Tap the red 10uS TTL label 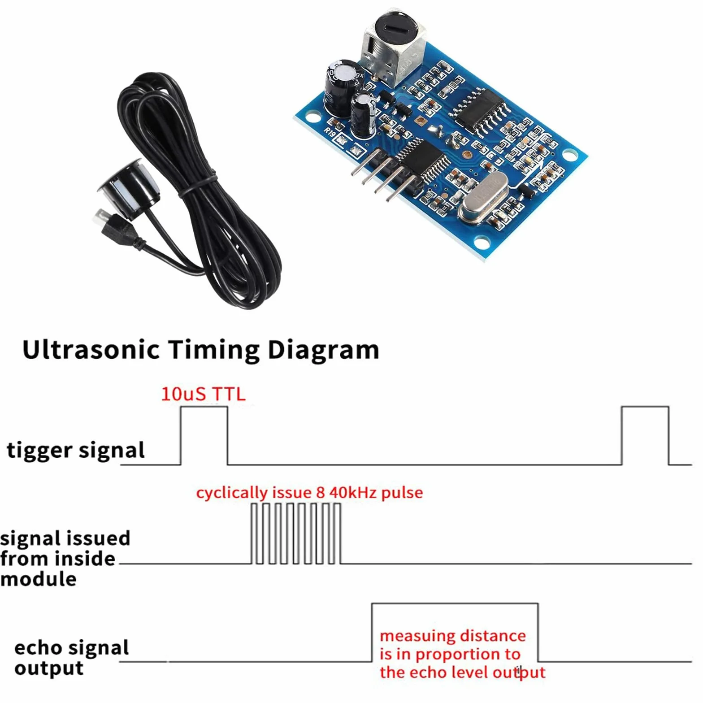pyautogui.click(x=203, y=394)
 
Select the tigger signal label pyautogui.click(x=76, y=450)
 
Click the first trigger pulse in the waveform pyautogui.click(x=204, y=407)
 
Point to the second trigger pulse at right pyautogui.click(x=645, y=407)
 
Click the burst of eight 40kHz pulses pyautogui.click(x=296, y=533)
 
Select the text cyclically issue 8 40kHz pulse pyautogui.click(x=309, y=493)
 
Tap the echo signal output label pyautogui.click(x=71, y=658)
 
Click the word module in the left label pyautogui.click(x=39, y=579)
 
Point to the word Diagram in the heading pyautogui.click(x=323, y=350)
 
